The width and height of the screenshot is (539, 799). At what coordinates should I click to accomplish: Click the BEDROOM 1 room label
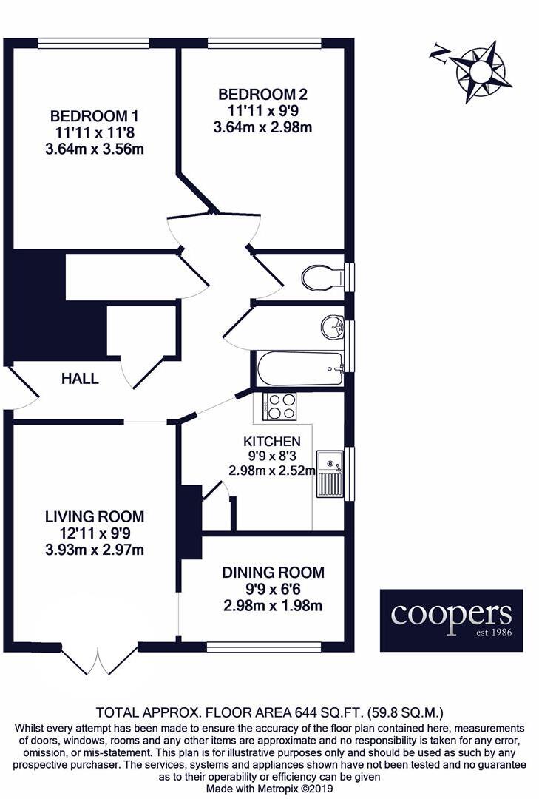coord(95,116)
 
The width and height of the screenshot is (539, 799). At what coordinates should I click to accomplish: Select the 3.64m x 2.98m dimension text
coord(262,127)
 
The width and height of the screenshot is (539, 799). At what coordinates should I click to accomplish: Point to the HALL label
coord(80,379)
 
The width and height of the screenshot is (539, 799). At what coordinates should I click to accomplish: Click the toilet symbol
coord(323,277)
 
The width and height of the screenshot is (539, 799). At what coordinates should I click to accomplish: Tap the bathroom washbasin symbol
coord(333,326)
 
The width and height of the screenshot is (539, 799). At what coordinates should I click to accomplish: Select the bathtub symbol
coord(300,368)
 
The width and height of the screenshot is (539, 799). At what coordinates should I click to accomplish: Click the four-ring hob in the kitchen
coord(280,406)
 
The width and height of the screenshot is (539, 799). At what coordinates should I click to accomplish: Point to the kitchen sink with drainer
coord(330,473)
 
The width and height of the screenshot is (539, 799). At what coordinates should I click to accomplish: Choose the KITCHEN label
coord(255,441)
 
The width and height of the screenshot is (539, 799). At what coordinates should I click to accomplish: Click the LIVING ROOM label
coord(94,516)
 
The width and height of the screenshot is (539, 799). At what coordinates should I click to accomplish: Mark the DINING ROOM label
coord(273,573)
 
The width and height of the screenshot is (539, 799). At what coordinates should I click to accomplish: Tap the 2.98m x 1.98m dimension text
coord(273,607)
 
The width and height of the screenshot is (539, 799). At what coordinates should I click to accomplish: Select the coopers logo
coord(451,620)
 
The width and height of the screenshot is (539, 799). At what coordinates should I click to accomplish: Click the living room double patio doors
coord(99,658)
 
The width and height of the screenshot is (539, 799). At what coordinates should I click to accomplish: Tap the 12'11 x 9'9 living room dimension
coord(94,533)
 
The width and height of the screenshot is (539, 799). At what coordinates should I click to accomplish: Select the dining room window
coord(264,647)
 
